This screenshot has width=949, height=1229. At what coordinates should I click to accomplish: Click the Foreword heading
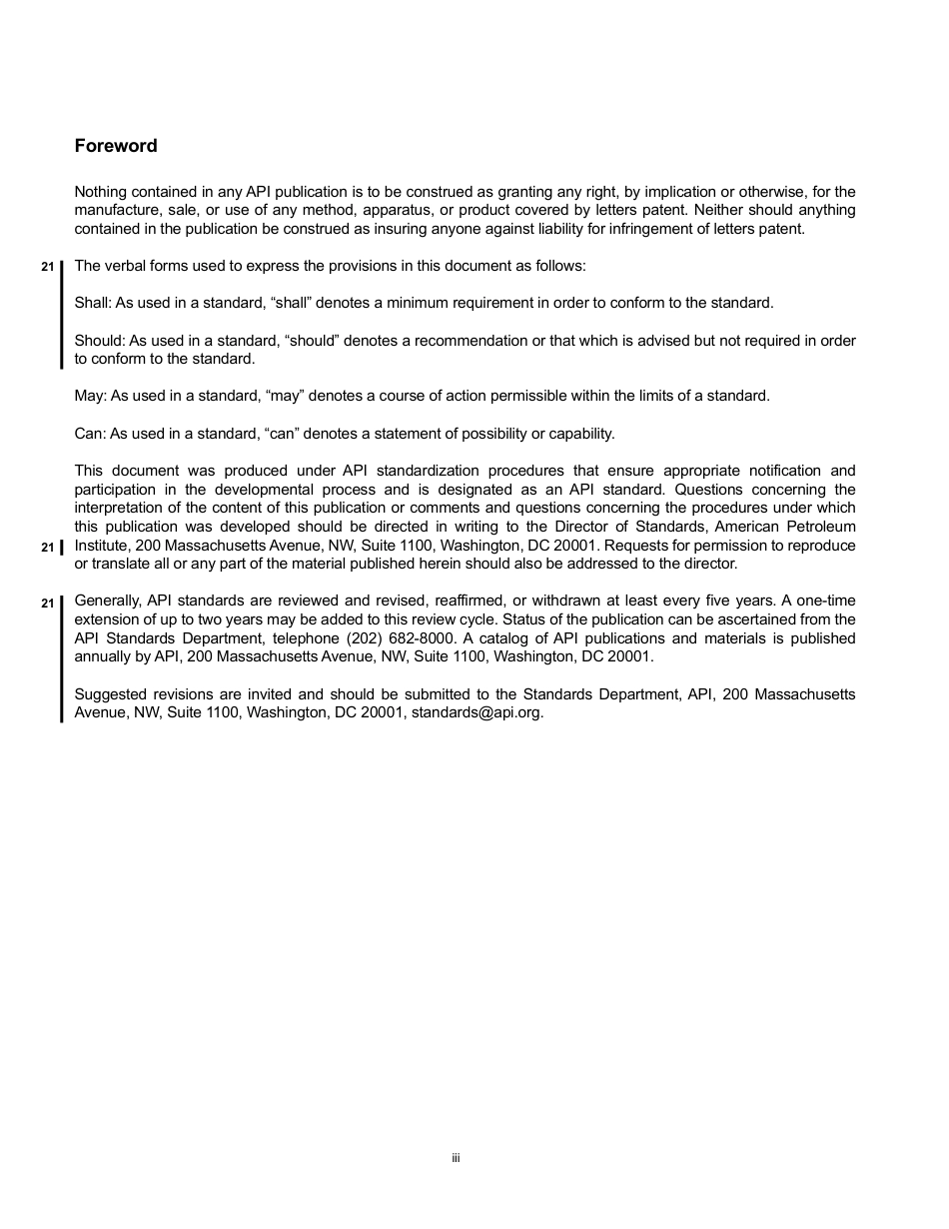coord(116,146)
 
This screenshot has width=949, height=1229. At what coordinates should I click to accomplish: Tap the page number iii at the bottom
coord(456,1158)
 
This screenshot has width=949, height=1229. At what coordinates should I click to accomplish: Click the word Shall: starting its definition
coord(93,303)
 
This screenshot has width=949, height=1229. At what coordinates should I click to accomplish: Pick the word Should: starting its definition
coord(100,341)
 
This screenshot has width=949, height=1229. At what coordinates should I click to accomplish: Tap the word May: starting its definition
coord(90,396)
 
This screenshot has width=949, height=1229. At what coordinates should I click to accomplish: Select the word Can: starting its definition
coord(90,434)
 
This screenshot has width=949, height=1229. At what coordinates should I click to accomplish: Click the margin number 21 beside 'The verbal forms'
coord(47,267)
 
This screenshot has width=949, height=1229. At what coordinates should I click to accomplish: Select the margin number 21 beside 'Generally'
coord(47,604)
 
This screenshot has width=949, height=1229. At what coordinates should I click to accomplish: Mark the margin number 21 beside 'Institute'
coord(47,548)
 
